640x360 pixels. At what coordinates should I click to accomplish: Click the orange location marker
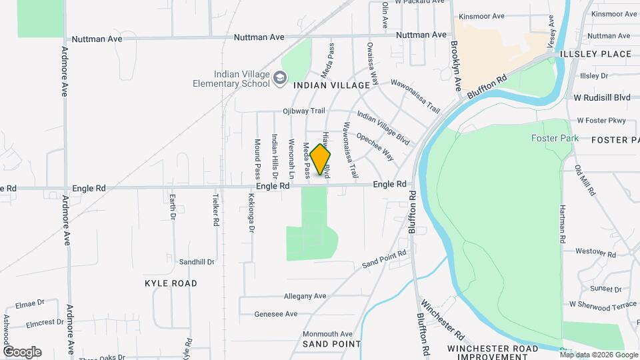point(320,160)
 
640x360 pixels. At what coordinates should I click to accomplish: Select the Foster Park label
point(549,138)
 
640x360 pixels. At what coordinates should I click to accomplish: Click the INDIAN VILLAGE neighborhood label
point(331,85)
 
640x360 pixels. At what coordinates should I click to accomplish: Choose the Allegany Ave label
point(305,295)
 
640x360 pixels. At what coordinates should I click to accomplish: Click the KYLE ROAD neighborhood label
point(171,283)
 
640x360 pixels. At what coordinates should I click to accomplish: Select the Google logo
point(22,351)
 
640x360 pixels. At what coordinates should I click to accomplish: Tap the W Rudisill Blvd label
point(602,97)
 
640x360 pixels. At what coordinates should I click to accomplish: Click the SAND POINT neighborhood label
point(331,344)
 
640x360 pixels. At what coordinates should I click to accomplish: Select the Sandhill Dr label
point(197,262)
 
